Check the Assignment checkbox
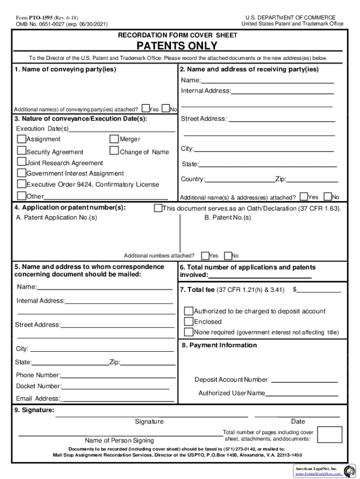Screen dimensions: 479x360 22,139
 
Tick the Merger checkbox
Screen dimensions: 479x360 114,139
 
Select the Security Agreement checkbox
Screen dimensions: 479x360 22,151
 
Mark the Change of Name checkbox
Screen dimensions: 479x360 114,151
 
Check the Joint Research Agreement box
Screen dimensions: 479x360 22,162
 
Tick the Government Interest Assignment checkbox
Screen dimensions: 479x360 22,173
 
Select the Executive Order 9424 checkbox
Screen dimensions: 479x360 22,184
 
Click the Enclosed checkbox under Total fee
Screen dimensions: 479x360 188,321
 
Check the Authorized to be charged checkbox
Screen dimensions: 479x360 188,311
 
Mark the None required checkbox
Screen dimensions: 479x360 188,332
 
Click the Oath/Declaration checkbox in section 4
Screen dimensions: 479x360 158,208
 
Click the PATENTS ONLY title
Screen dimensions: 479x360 177,45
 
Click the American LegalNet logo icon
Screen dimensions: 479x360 349,471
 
